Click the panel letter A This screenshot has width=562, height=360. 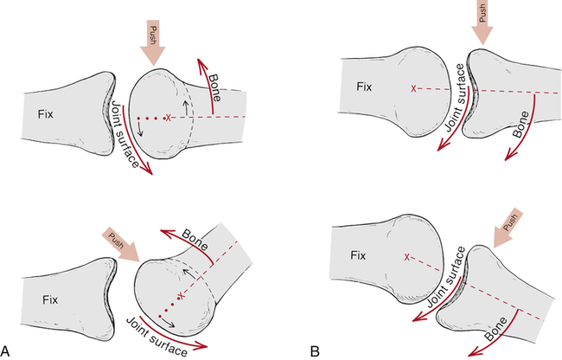tap(7, 350)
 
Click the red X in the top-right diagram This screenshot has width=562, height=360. tap(414, 88)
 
